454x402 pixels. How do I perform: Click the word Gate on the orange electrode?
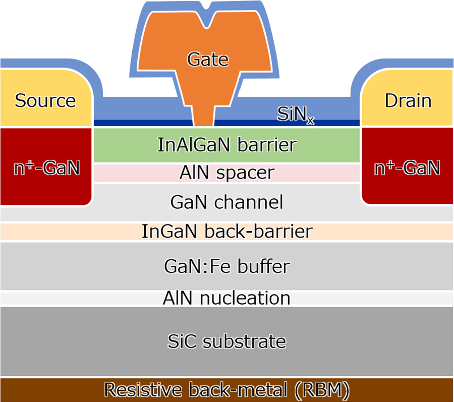coord(208,60)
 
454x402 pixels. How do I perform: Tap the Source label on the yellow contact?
coord(45,101)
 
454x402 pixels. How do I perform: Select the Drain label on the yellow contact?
coord(408,101)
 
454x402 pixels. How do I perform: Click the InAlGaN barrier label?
coord(226,145)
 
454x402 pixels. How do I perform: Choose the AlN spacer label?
coord(226,173)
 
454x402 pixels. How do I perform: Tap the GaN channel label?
coord(226,202)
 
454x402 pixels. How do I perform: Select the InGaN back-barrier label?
coord(226,232)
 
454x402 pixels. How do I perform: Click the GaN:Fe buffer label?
coord(226,266)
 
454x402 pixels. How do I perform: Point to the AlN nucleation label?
coord(226,298)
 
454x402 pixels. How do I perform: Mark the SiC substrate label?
coord(226,341)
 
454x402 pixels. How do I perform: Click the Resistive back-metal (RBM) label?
coord(226,390)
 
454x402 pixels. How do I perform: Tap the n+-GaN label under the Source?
coord(46,167)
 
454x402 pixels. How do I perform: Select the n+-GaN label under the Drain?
coord(407,167)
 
